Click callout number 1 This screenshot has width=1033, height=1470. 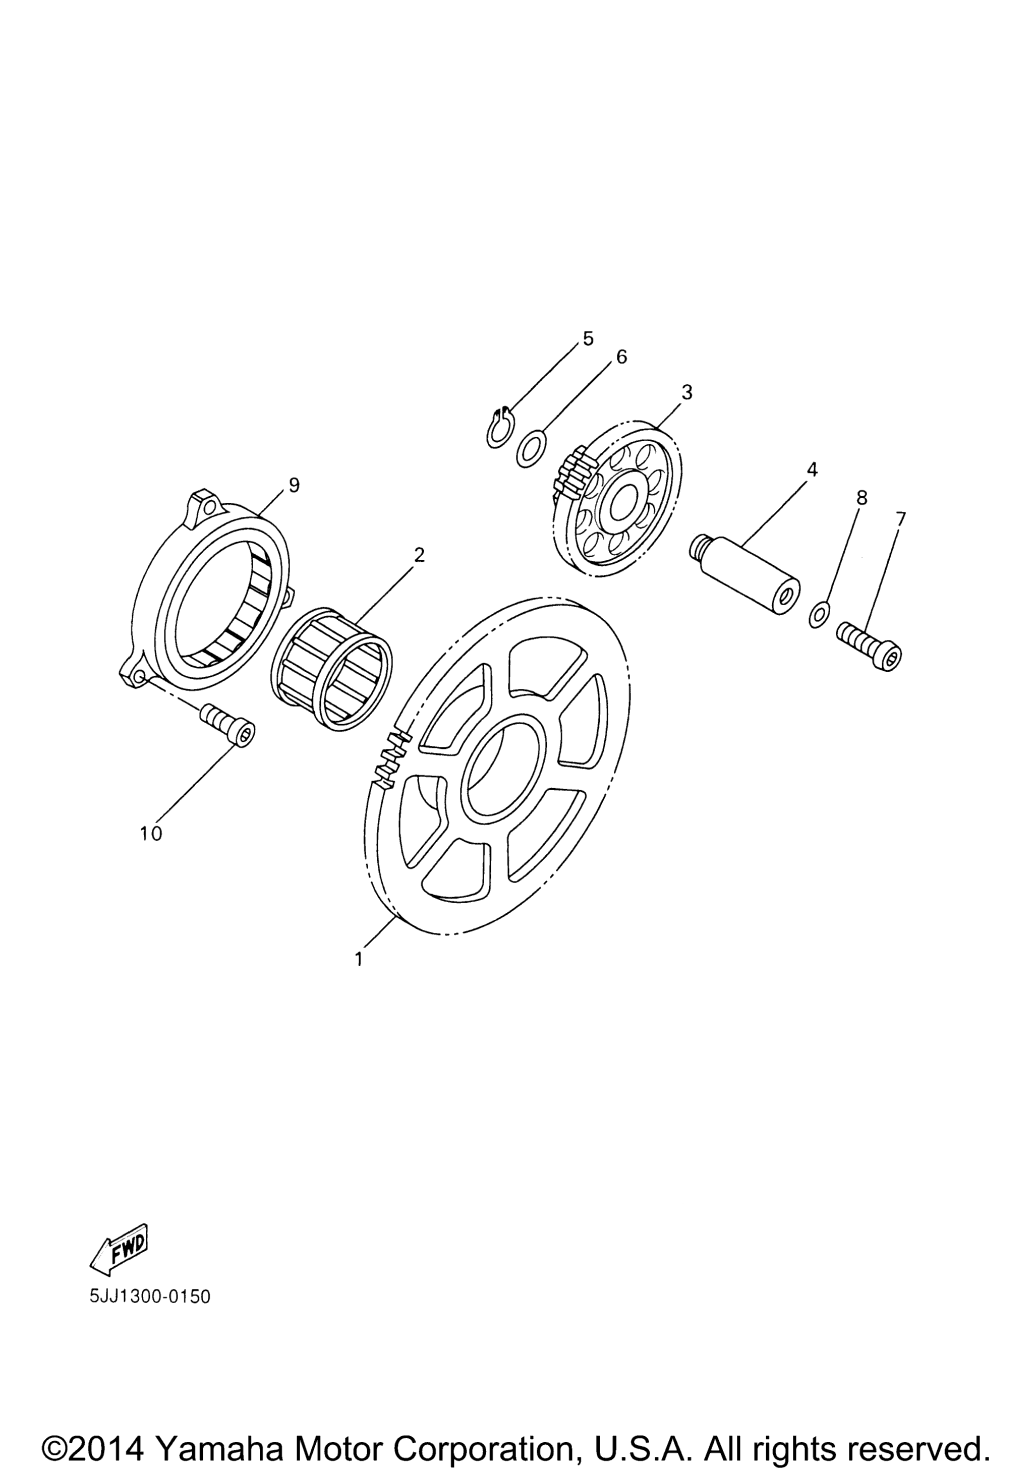359,977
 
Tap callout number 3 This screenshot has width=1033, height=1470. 686,392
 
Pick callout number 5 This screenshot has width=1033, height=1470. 588,338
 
